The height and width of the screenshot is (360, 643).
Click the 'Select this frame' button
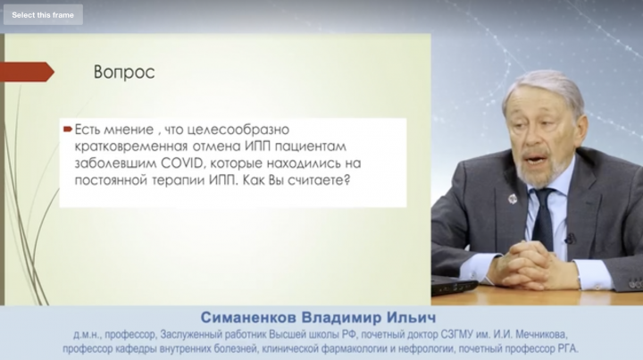coord(43,15)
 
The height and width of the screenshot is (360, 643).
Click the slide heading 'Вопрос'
coord(124,72)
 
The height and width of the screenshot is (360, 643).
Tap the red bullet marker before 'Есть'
coord(68,130)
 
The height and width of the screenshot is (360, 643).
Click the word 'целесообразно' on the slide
coord(238,130)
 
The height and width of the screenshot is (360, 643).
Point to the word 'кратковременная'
coord(130,147)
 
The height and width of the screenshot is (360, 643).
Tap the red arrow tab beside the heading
coord(27,71)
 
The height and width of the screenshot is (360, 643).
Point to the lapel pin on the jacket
coord(513,199)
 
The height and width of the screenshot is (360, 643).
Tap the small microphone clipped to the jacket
coord(570,238)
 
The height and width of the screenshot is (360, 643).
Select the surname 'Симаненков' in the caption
coord(248,317)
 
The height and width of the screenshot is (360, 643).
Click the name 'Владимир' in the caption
coord(342,317)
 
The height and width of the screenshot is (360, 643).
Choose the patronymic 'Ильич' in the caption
coord(412,317)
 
